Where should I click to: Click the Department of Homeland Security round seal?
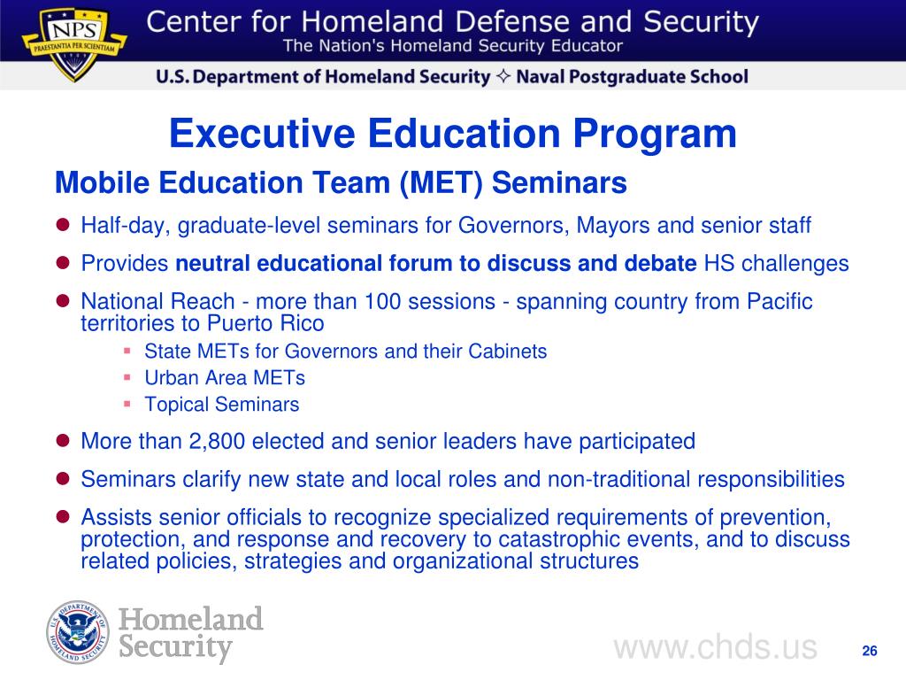[78, 631]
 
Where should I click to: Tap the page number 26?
[869, 652]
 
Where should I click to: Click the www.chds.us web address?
[715, 647]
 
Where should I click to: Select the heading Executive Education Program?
[452, 135]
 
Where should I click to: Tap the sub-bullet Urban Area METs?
[224, 378]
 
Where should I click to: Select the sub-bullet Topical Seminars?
[221, 406]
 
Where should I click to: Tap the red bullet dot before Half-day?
[63, 226]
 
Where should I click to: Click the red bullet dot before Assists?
[63, 517]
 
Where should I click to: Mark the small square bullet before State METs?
[127, 351]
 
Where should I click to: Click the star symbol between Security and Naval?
[503, 77]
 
